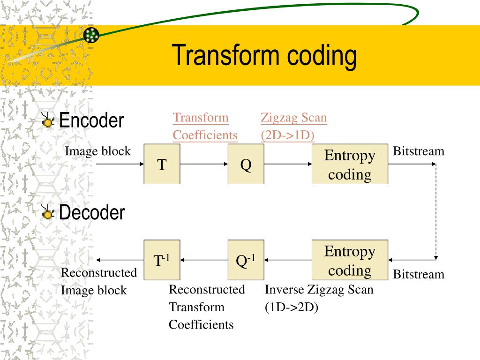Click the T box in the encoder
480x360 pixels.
(162, 164)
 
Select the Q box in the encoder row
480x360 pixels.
(246, 164)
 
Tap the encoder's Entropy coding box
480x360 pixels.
(350, 164)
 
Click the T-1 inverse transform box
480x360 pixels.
(162, 260)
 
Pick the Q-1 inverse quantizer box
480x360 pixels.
(246, 260)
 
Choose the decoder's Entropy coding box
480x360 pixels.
(350, 260)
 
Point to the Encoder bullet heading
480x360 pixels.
(91, 121)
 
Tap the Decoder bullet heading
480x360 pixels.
(92, 213)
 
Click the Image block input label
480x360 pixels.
(97, 151)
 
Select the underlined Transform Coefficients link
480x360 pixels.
(205, 127)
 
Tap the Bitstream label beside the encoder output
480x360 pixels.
(418, 151)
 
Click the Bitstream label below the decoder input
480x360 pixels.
(418, 274)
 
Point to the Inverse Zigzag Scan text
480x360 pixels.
(319, 290)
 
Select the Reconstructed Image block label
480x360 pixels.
(98, 281)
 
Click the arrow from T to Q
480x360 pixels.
(204, 164)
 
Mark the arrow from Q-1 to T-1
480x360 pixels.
(204, 260)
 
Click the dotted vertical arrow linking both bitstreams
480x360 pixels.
(436, 211)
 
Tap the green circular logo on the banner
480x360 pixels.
(91, 35)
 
